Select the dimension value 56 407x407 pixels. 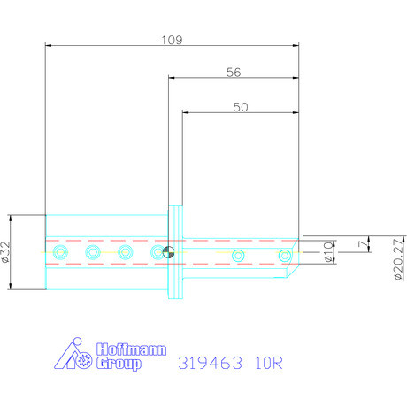point(234,73)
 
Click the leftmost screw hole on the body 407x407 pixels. point(60,254)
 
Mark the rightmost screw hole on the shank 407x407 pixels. point(285,256)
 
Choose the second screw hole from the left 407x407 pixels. point(93,254)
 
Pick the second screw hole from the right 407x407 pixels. point(238,256)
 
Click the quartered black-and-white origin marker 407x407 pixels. point(169,254)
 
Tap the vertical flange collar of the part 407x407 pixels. point(177,253)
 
